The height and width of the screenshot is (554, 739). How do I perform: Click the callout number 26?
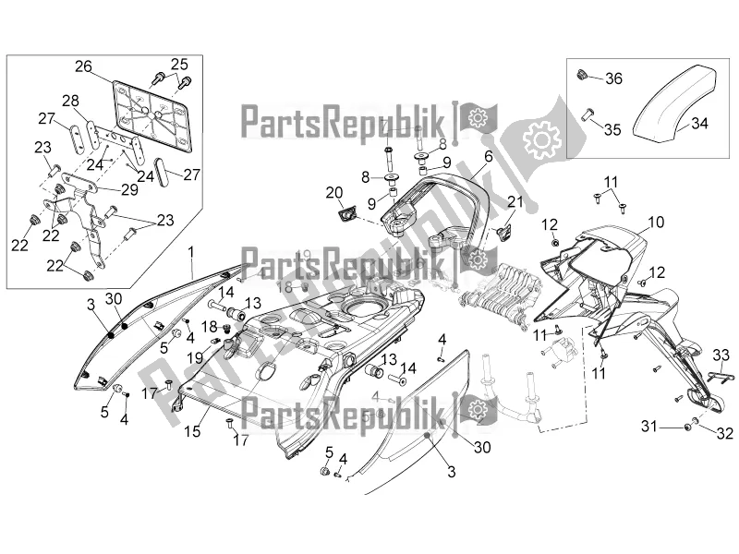point(84,67)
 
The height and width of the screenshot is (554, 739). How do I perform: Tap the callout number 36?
point(614,79)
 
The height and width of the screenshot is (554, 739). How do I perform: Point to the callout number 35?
point(612,130)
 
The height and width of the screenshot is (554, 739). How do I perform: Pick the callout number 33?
point(721,355)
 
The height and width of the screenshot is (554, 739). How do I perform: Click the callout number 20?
point(333,192)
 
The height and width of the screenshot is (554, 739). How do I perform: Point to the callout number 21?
point(515,202)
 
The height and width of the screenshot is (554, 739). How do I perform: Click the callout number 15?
point(193,430)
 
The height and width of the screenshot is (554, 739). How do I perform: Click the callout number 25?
point(178,63)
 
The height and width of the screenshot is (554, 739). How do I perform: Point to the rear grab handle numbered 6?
point(434,199)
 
